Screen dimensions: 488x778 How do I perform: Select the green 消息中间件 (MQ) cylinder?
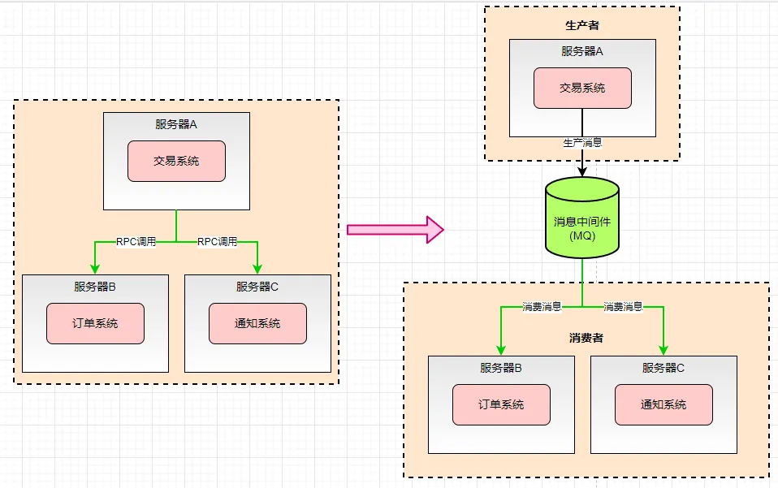point(582,218)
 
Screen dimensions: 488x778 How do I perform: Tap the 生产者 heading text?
point(582,25)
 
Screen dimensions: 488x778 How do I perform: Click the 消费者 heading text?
point(586,337)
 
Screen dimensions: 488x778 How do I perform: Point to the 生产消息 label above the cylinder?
point(582,142)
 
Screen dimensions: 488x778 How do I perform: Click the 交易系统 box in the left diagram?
point(176,161)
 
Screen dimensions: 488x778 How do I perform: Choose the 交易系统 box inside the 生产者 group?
point(582,88)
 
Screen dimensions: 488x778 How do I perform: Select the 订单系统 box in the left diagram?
point(95,323)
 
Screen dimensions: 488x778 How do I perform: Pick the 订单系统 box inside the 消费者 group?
point(501,404)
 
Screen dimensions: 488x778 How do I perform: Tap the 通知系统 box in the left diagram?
point(257,323)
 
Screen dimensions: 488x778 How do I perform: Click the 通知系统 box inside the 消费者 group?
point(663,404)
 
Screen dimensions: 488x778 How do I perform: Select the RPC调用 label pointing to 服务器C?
point(218,241)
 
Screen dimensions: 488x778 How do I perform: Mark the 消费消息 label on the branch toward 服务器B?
point(542,307)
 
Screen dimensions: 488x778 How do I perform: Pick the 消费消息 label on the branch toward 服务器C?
point(623,307)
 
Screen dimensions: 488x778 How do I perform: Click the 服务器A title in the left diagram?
point(176,124)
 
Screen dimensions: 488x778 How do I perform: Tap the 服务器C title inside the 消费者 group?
point(663,368)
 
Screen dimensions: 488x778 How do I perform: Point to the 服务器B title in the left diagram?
point(95,287)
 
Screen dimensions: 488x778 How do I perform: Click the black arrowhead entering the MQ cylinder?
point(582,171)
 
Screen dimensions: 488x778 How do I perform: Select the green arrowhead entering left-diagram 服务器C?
point(257,269)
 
